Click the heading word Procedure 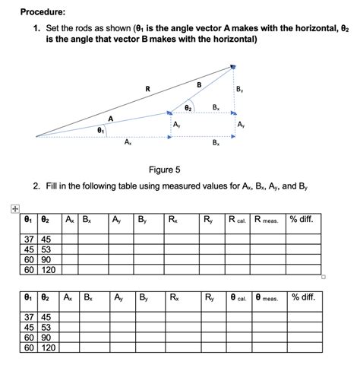(43, 12)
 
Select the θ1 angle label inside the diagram (100, 131)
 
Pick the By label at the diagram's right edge (240, 90)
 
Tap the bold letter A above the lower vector (111, 118)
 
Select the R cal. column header (237, 221)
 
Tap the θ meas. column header (267, 297)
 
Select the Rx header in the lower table (175, 297)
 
